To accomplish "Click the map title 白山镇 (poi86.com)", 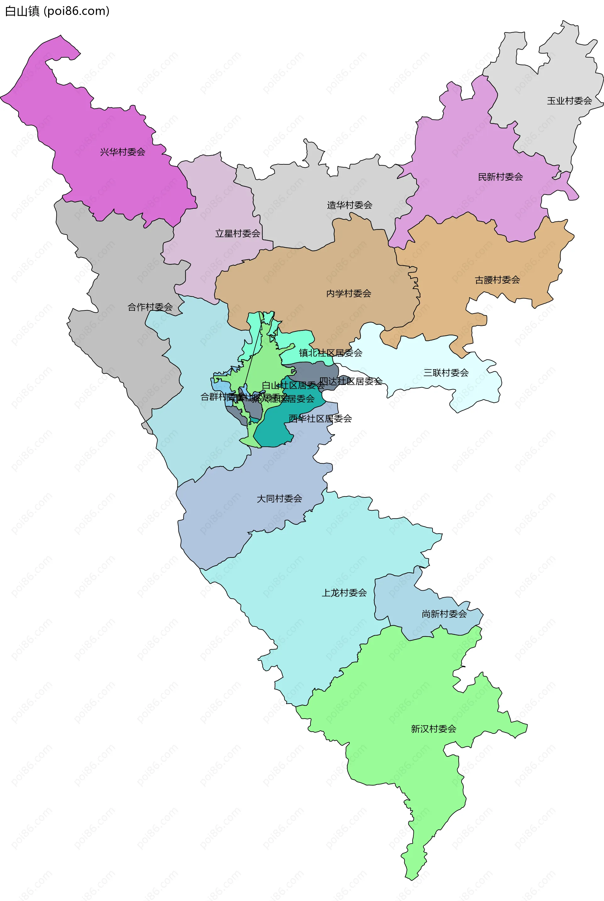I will click(57, 11).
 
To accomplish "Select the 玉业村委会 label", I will click(569, 101).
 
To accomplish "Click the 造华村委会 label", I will click(350, 205).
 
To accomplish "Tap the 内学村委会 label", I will click(348, 294).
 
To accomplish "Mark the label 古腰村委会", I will click(497, 280).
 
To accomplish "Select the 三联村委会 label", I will click(446, 373).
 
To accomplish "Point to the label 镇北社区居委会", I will click(331, 353).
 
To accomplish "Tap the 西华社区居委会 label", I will click(320, 418).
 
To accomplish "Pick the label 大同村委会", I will click(279, 499).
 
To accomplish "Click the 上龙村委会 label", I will click(344, 593).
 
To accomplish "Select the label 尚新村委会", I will click(444, 614).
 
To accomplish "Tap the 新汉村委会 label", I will click(433, 729).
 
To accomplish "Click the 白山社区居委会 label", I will click(293, 385).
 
